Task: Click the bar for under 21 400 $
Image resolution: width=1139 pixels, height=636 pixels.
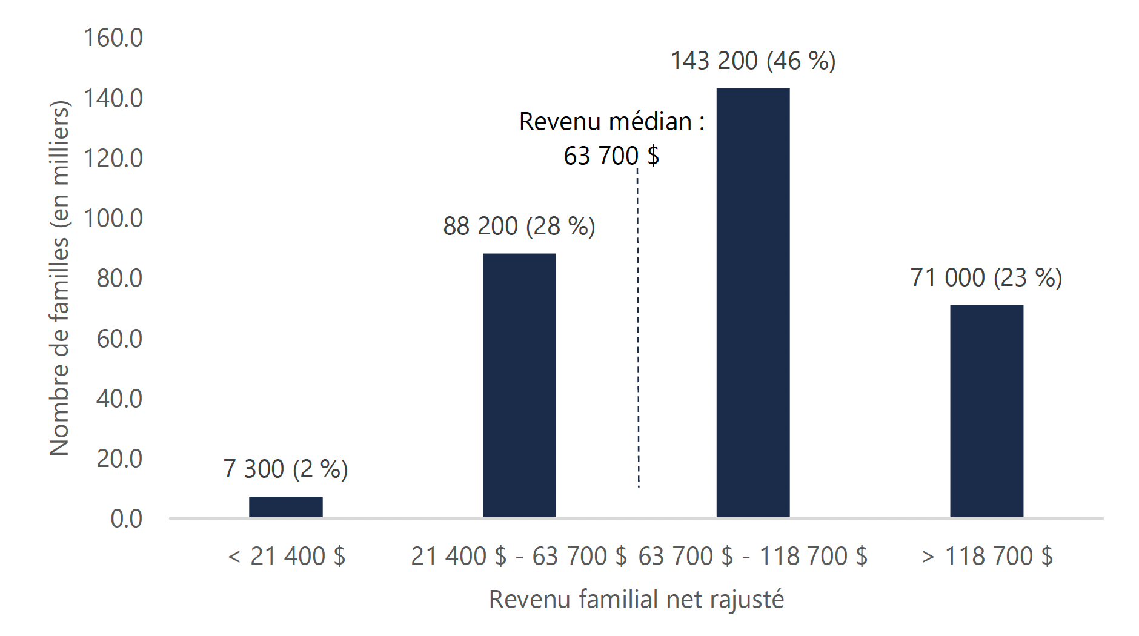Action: tap(285, 507)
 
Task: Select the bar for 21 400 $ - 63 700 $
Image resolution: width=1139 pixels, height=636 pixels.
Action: tap(519, 385)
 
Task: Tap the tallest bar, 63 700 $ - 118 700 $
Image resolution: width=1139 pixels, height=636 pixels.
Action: tap(752, 303)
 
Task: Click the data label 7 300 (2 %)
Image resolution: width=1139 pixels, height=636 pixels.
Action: tap(285, 469)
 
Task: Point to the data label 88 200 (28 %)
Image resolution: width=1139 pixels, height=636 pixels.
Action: tap(519, 227)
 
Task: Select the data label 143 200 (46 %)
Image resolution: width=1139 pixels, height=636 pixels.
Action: tap(752, 61)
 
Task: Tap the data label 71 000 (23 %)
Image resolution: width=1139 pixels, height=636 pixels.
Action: tap(986, 278)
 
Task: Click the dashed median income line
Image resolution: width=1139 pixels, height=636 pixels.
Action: tap(638, 327)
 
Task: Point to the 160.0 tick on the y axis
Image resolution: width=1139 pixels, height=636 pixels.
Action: tap(113, 38)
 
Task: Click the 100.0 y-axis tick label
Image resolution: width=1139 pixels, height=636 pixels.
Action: tap(113, 218)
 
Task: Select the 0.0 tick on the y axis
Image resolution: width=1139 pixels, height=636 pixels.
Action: tap(126, 519)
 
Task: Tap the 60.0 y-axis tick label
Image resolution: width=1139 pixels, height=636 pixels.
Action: tap(119, 339)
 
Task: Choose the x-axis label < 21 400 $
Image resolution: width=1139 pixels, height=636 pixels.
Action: tap(287, 556)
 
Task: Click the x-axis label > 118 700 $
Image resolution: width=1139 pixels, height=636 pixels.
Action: tap(987, 556)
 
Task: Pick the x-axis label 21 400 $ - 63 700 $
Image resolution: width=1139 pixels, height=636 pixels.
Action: tap(519, 556)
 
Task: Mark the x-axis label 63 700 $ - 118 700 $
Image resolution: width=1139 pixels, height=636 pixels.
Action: tap(752, 556)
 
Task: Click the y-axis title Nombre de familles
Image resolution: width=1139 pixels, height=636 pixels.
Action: tap(59, 279)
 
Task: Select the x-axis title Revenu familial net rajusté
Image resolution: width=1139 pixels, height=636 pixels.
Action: tap(636, 600)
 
